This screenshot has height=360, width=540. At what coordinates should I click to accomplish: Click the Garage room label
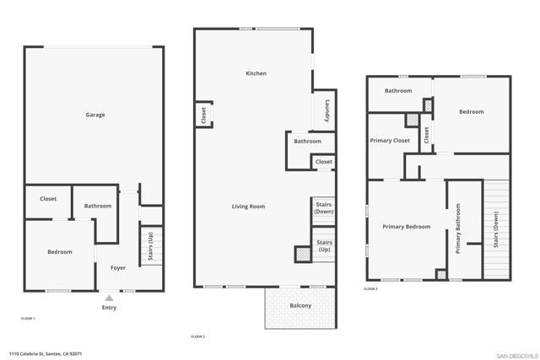tap(94, 115)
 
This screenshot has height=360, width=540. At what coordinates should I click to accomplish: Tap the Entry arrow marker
tap(109, 297)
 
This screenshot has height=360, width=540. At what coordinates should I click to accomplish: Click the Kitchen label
tap(256, 73)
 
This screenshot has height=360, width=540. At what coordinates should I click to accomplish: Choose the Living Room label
tap(249, 207)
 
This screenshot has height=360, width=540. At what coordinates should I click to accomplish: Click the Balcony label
tap(300, 305)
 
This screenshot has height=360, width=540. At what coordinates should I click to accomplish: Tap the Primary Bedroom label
tap(406, 227)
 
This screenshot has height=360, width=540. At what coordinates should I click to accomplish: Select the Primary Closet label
tap(390, 141)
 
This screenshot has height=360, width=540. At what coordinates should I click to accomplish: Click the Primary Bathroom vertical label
tap(458, 229)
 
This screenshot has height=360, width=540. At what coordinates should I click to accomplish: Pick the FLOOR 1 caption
tap(27, 319)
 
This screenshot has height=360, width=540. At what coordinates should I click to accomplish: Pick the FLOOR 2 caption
tap(197, 336)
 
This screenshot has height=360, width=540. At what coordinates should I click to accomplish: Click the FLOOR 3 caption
tap(370, 289)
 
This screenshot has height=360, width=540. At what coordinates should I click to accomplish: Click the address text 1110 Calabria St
tap(46, 354)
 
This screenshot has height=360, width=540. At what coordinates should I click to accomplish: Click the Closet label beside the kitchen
tap(203, 114)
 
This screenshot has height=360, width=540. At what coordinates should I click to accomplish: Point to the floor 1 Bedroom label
tap(59, 252)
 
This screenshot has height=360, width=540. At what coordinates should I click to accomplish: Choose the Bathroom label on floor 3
tap(398, 91)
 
